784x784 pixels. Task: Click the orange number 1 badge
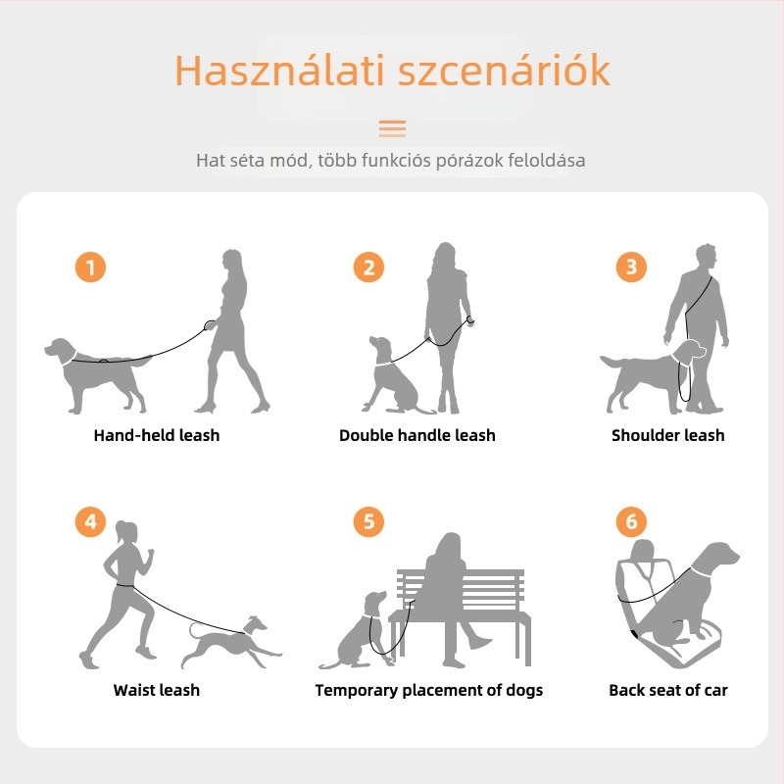click(90, 267)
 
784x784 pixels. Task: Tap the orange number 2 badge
click(368, 267)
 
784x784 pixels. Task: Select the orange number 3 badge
click(631, 267)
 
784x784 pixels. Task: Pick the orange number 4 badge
click(90, 521)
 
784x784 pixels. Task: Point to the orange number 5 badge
click(368, 521)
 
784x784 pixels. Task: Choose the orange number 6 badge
click(631, 521)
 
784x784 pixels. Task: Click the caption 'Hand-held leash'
click(157, 435)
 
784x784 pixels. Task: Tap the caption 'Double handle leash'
click(417, 435)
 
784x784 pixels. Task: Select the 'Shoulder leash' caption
click(667, 435)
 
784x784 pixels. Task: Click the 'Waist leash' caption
click(157, 690)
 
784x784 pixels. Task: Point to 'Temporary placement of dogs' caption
click(428, 690)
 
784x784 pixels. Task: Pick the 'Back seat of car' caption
click(667, 690)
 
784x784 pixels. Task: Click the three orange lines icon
click(392, 128)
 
